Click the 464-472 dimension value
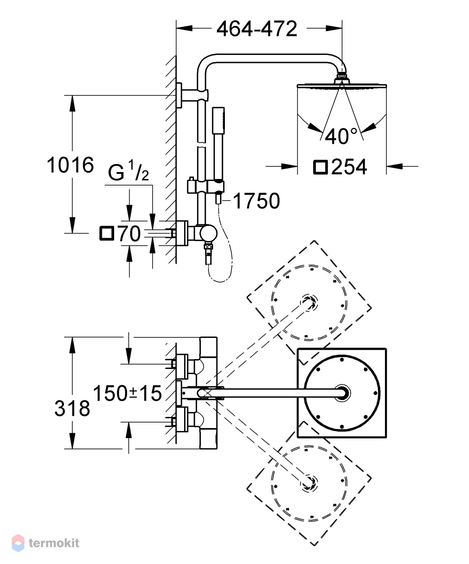[257, 29]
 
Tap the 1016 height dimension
[70, 165]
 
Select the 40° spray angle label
[341, 136]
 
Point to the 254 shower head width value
[349, 167]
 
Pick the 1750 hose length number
[256, 201]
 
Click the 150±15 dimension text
[127, 393]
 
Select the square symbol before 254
[321, 167]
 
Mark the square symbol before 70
[107, 234]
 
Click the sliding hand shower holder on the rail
[206, 187]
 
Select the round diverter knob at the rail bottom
[208, 234]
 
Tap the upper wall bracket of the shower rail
[192, 95]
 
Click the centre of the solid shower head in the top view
[342, 393]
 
